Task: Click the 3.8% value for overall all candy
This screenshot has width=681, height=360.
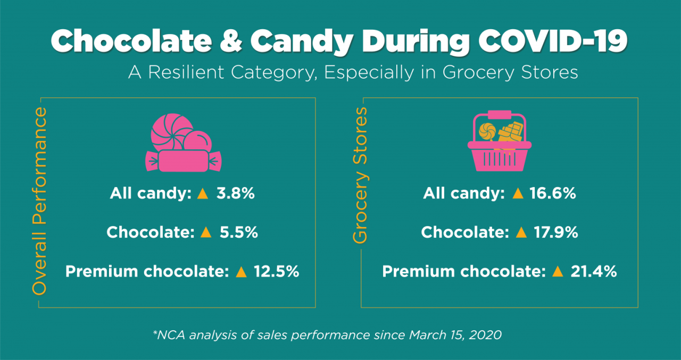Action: click(x=236, y=194)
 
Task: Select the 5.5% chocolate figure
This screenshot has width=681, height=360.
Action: click(x=238, y=232)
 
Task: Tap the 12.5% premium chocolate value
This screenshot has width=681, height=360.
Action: click(x=276, y=272)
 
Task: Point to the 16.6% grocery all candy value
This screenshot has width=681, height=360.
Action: click(x=553, y=194)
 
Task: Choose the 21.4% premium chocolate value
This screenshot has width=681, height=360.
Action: click(x=593, y=272)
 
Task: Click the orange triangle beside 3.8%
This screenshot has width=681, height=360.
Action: click(x=202, y=194)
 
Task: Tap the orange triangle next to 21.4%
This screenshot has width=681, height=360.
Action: click(x=557, y=272)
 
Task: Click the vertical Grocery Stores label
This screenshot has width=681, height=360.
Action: click(x=361, y=175)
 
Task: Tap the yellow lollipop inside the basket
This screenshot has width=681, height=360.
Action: click(x=487, y=131)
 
